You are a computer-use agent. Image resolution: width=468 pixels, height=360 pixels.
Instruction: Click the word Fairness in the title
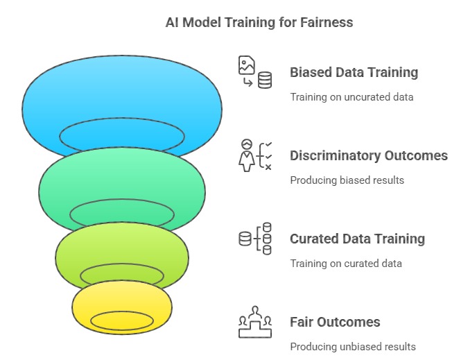coord(327,22)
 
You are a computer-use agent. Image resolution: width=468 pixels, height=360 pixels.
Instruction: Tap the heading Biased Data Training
coord(354,73)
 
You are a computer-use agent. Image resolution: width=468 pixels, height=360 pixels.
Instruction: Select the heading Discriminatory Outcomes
coord(369,155)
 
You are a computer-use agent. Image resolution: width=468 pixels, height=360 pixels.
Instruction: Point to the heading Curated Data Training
coord(357,239)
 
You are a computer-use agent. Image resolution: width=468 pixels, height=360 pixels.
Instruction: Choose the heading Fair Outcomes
coord(335,322)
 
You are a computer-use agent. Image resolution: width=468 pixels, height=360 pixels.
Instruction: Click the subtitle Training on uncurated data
coord(352,97)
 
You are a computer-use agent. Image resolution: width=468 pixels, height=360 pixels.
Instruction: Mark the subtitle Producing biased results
coord(347,180)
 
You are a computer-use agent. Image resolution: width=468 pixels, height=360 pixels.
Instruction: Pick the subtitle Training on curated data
coord(346,264)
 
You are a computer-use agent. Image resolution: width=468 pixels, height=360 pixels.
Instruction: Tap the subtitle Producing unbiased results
coord(353,347)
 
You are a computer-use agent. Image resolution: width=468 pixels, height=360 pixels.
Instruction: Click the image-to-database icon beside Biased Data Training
coord(255,72)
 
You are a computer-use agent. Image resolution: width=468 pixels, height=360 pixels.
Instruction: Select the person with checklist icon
coord(255,155)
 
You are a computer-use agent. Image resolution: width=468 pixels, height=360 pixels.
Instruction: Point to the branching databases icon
coord(255,239)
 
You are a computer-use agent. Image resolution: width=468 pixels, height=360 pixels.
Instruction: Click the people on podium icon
coord(255,322)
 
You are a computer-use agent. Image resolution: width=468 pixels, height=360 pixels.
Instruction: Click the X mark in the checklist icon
coord(268,167)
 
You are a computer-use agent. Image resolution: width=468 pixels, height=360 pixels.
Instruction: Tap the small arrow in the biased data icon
coord(248,82)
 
